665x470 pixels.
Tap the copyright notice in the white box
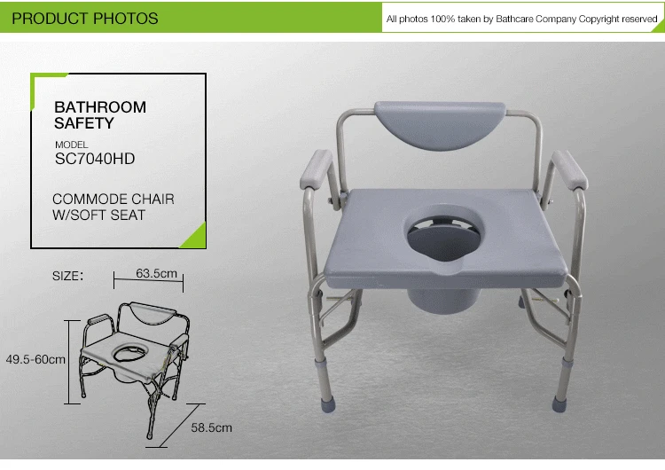[521, 19]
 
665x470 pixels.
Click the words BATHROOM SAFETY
[100, 115]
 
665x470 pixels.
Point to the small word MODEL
[72, 145]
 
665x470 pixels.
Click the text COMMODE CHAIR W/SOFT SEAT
[113, 207]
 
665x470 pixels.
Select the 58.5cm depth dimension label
[211, 427]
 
